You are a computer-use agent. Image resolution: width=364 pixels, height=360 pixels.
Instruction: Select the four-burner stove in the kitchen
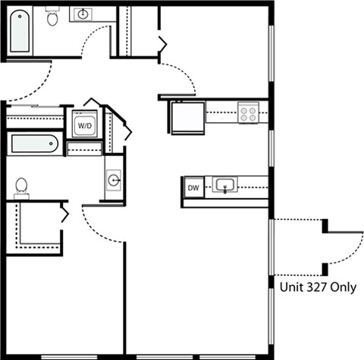click(247, 113)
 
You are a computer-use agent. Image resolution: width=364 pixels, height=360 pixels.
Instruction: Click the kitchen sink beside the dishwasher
click(225, 185)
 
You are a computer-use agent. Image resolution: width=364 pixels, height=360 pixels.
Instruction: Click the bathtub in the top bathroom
click(20, 31)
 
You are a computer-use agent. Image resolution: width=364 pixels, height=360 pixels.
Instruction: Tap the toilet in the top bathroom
click(52, 17)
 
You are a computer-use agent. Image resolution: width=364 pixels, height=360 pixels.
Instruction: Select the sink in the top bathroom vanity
click(83, 14)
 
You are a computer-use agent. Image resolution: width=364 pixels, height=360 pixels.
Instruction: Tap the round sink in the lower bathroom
click(113, 180)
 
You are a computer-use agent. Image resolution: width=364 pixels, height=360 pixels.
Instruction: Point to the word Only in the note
click(345, 287)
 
